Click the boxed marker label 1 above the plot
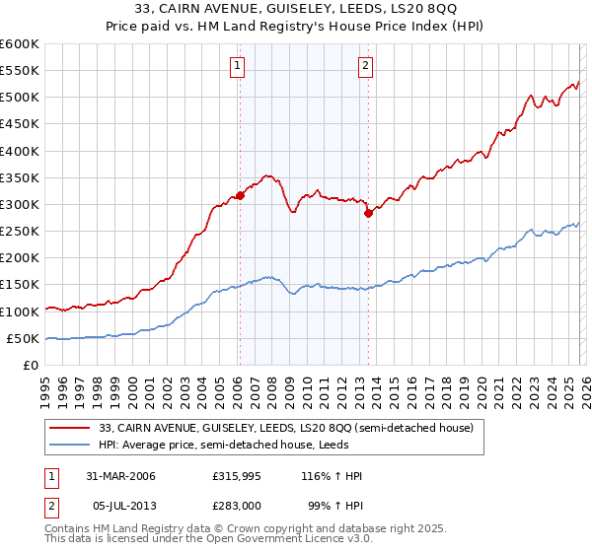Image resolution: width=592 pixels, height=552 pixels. [239, 66]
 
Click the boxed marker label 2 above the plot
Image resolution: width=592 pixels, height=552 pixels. [365, 66]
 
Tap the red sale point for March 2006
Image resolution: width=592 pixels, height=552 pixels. [240, 195]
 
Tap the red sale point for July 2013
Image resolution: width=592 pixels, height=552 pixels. [367, 213]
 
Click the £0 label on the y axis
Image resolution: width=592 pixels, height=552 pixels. [31, 365]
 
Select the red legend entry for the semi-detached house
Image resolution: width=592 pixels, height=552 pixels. [287, 428]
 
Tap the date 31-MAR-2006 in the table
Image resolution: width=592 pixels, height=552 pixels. [121, 476]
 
